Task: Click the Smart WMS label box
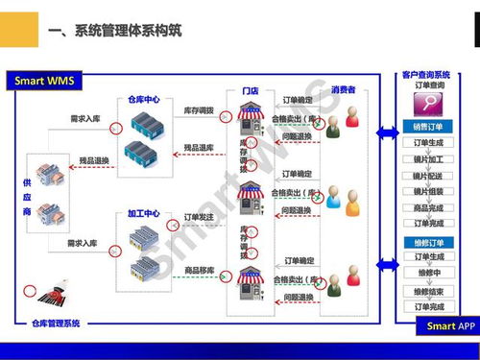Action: coord(45,79)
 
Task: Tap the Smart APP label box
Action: coord(448,326)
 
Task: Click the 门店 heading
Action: coord(251,90)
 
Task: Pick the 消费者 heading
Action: coord(343,90)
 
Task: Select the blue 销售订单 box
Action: coord(428,127)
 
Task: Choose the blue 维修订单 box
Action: coord(428,241)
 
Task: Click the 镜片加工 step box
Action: coord(428,159)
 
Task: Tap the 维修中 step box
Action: coord(428,274)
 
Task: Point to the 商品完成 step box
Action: coord(428,207)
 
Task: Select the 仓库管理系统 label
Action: coord(57,324)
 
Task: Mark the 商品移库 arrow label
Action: coord(200,271)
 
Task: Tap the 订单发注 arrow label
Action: coord(200,218)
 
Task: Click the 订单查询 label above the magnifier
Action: coord(428,86)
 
